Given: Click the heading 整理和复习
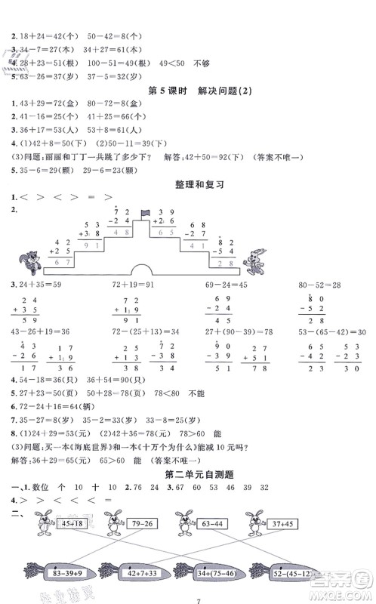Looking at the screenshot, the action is (188, 183).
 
